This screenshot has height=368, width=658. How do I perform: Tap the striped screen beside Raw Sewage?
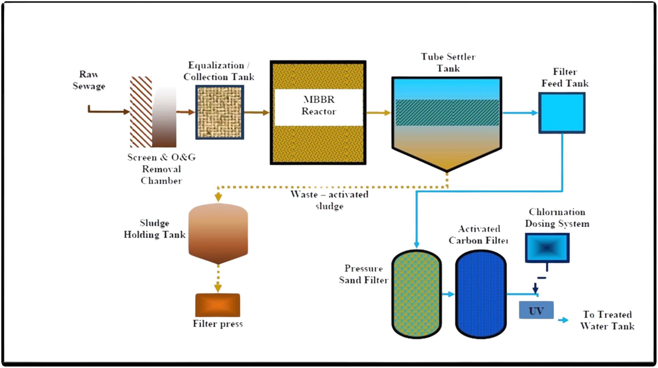point(141,112)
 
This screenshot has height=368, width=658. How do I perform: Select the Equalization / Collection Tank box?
point(220,112)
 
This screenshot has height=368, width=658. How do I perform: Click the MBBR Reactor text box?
point(318,107)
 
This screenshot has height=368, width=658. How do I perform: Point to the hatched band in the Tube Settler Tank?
point(447,112)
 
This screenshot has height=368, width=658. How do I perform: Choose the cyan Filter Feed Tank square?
point(562,113)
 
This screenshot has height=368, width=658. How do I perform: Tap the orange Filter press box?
point(218,305)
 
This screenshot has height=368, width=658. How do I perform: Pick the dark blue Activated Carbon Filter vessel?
point(481,294)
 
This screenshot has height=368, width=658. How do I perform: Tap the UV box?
point(536,310)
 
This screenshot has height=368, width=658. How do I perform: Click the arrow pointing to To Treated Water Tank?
point(563,320)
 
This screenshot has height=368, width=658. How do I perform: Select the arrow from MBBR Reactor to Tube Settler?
point(378,113)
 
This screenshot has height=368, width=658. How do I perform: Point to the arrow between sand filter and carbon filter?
point(448,294)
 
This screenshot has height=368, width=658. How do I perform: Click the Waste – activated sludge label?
point(330,200)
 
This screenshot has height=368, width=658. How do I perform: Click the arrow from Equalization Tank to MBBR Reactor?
point(257,113)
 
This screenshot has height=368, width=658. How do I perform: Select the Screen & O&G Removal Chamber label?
point(161,169)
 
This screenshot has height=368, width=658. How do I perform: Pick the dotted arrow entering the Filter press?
point(218,282)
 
